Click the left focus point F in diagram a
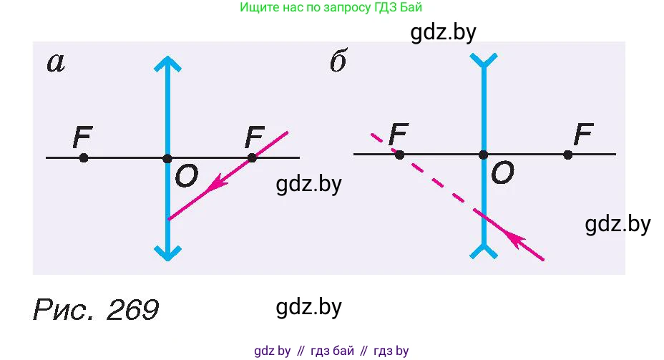coord(84,158)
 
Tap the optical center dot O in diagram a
coord(167,159)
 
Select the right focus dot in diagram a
coord(252,158)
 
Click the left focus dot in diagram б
coord(399,155)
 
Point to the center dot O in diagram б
coord(483,155)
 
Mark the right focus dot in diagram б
coord(568,155)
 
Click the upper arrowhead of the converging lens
coord(167,64)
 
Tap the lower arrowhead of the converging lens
coord(167,253)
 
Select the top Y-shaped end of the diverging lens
coord(484,61)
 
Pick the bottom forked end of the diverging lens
coord(484,251)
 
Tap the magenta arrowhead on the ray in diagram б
coord(514,238)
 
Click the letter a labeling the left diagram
coord(56,64)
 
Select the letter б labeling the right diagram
coord(338,61)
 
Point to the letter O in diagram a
coord(186,176)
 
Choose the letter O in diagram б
coord(503,172)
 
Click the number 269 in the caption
coord(132,310)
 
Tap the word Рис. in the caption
coord(64,310)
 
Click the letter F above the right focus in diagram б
coord(584,135)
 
